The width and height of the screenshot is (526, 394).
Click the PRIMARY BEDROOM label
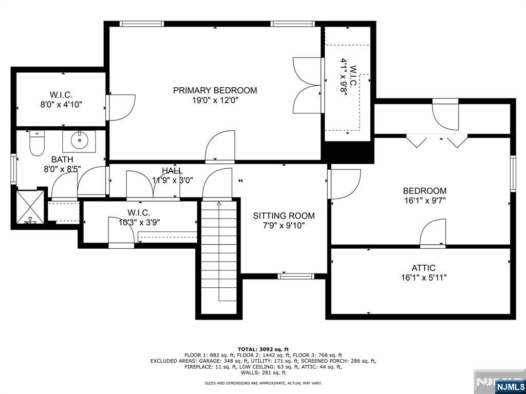pyautogui.click(x=215, y=90)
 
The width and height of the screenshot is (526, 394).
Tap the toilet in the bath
pyautogui.click(x=36, y=143)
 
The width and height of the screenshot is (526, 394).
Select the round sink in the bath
pyautogui.click(x=79, y=142)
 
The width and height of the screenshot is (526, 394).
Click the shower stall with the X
pyautogui.click(x=30, y=207)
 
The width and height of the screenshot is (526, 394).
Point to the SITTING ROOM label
pyautogui.click(x=284, y=216)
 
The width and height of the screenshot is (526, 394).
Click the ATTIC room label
pyautogui.click(x=423, y=268)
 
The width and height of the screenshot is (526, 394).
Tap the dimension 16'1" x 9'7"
pyautogui.click(x=425, y=201)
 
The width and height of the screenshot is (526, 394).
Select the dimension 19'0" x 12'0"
pyautogui.click(x=215, y=100)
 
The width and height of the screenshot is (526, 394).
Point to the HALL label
pyautogui.click(x=173, y=170)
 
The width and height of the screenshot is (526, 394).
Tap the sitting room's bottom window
pyautogui.click(x=296, y=277)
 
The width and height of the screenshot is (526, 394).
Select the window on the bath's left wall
pyautogui.click(x=13, y=169)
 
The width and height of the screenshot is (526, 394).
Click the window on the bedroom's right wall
pyautogui.click(x=513, y=174)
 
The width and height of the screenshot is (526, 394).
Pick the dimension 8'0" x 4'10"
pyautogui.click(x=62, y=105)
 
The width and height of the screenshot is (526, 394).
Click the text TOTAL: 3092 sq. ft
pyautogui.click(x=264, y=349)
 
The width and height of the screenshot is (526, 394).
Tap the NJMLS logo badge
pyautogui.click(x=510, y=386)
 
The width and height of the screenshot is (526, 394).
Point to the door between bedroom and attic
pyautogui.click(x=433, y=233)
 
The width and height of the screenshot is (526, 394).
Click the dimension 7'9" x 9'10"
pyautogui.click(x=284, y=226)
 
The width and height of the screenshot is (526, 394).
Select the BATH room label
pyautogui.click(x=62, y=160)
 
